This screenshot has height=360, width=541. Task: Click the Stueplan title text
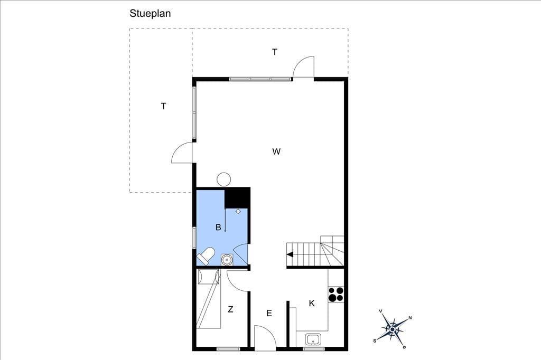tap(150, 13)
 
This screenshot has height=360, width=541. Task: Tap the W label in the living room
tap(276, 151)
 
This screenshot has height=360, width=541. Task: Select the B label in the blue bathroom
tap(218, 227)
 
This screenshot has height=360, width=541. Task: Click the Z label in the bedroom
tap(230, 309)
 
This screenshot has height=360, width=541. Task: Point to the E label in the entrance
tap(269, 313)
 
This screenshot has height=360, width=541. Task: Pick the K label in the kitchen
tap(312, 303)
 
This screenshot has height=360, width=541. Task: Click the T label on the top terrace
tap(275, 52)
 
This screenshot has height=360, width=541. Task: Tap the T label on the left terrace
tap(164, 106)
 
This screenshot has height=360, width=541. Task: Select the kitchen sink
tap(313, 339)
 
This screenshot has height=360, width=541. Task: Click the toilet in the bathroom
tap(206, 256)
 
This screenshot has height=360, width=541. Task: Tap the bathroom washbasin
tap(227, 259)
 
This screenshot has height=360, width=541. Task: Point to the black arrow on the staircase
tap(290, 254)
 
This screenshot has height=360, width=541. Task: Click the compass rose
tap(393, 329)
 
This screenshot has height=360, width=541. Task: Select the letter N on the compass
tap(410, 318)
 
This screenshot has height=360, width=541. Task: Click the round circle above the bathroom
tap(223, 179)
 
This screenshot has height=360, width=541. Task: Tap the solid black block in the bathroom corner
tap(237, 198)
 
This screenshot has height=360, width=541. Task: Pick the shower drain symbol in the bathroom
tap(238, 211)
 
